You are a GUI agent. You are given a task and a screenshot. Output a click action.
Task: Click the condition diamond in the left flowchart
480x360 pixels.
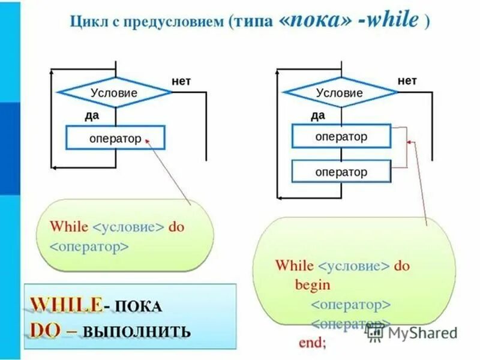point(114,93)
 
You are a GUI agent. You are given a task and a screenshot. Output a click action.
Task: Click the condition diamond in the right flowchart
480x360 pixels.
point(340,93)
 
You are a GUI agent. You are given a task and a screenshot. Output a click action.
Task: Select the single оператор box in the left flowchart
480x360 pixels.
point(115,139)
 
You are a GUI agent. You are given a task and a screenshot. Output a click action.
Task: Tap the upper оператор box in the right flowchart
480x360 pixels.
point(341,136)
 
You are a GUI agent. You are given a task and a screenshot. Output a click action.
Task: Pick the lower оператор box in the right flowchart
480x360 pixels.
point(341,172)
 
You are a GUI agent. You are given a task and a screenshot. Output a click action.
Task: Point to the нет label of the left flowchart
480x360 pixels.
point(181,81)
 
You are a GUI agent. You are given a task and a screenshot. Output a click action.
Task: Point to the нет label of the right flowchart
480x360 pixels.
point(407,80)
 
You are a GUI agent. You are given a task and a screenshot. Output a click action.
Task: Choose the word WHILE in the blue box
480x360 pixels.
point(65,304)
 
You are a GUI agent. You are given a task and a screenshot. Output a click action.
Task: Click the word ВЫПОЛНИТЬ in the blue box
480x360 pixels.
point(146,331)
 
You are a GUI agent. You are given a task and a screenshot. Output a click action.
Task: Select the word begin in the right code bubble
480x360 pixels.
point(312,285)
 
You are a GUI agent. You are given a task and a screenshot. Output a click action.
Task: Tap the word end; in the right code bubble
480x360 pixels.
point(312,343)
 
